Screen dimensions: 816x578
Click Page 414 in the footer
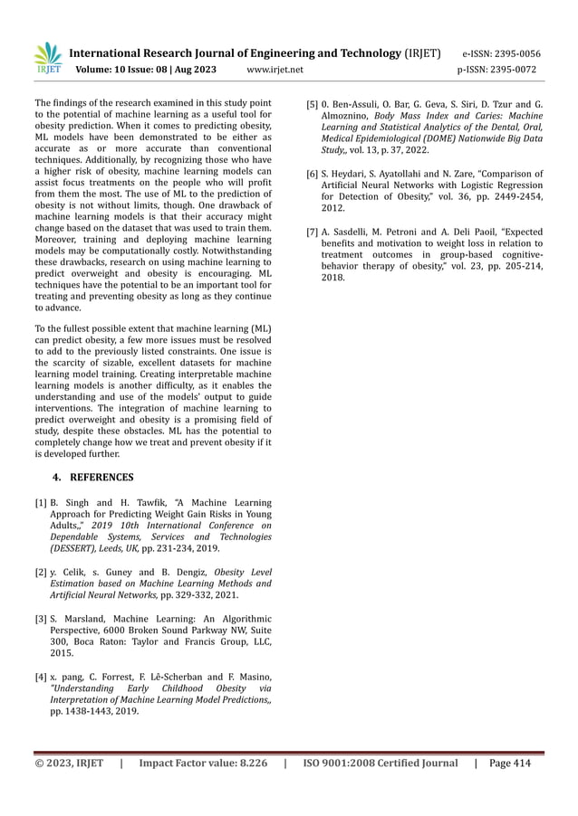point(509,764)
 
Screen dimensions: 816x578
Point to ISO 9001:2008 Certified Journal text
point(381,764)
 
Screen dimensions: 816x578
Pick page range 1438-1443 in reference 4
point(92,712)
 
